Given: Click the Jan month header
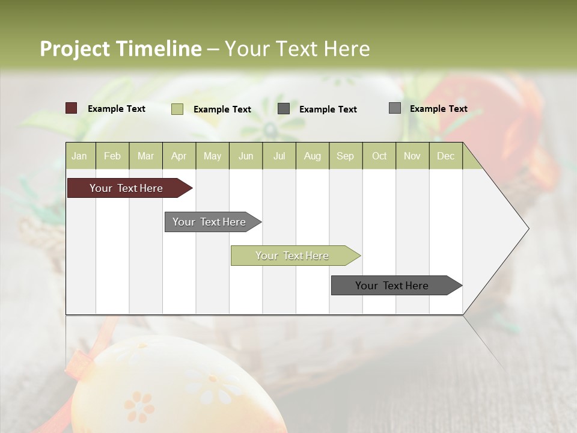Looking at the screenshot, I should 79,156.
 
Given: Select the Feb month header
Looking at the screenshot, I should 112,156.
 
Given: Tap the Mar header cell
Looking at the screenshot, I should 145,156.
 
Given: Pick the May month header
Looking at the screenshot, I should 212,156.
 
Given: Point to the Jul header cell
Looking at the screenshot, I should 279,156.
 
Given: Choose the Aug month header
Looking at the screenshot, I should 312,156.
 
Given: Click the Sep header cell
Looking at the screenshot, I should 345,156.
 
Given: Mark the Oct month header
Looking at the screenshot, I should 379,156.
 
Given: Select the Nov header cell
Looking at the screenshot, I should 412,156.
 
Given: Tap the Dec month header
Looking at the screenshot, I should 445,156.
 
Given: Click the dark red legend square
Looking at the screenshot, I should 72,108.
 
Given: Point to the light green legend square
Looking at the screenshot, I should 177,109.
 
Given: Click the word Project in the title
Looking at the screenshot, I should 75,49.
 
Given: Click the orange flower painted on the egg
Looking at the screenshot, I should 139,406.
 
